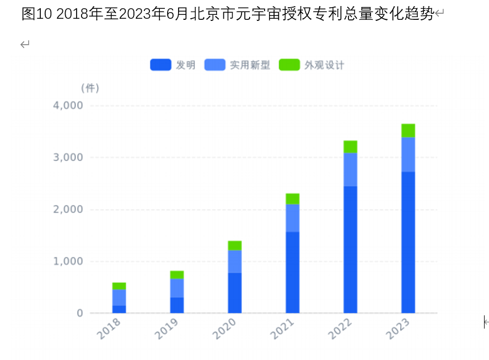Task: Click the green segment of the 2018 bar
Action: pos(119,286)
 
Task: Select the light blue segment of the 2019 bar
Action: pos(177,288)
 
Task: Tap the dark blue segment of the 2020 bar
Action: pos(235,293)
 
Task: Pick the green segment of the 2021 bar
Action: pos(293,199)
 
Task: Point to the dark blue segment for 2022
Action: pos(351,249)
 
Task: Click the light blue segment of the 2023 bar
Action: pos(408,155)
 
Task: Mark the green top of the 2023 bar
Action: pos(408,131)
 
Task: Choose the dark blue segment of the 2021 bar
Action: pos(293,272)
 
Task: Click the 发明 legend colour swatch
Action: pos(160,65)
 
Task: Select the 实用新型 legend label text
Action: pos(250,65)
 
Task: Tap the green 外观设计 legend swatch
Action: pos(289,65)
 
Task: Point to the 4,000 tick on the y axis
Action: pos(68,105)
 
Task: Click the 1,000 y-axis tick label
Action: pos(68,261)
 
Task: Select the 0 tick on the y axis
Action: pos(79,313)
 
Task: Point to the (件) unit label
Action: pos(90,88)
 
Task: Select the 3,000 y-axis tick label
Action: pos(68,158)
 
